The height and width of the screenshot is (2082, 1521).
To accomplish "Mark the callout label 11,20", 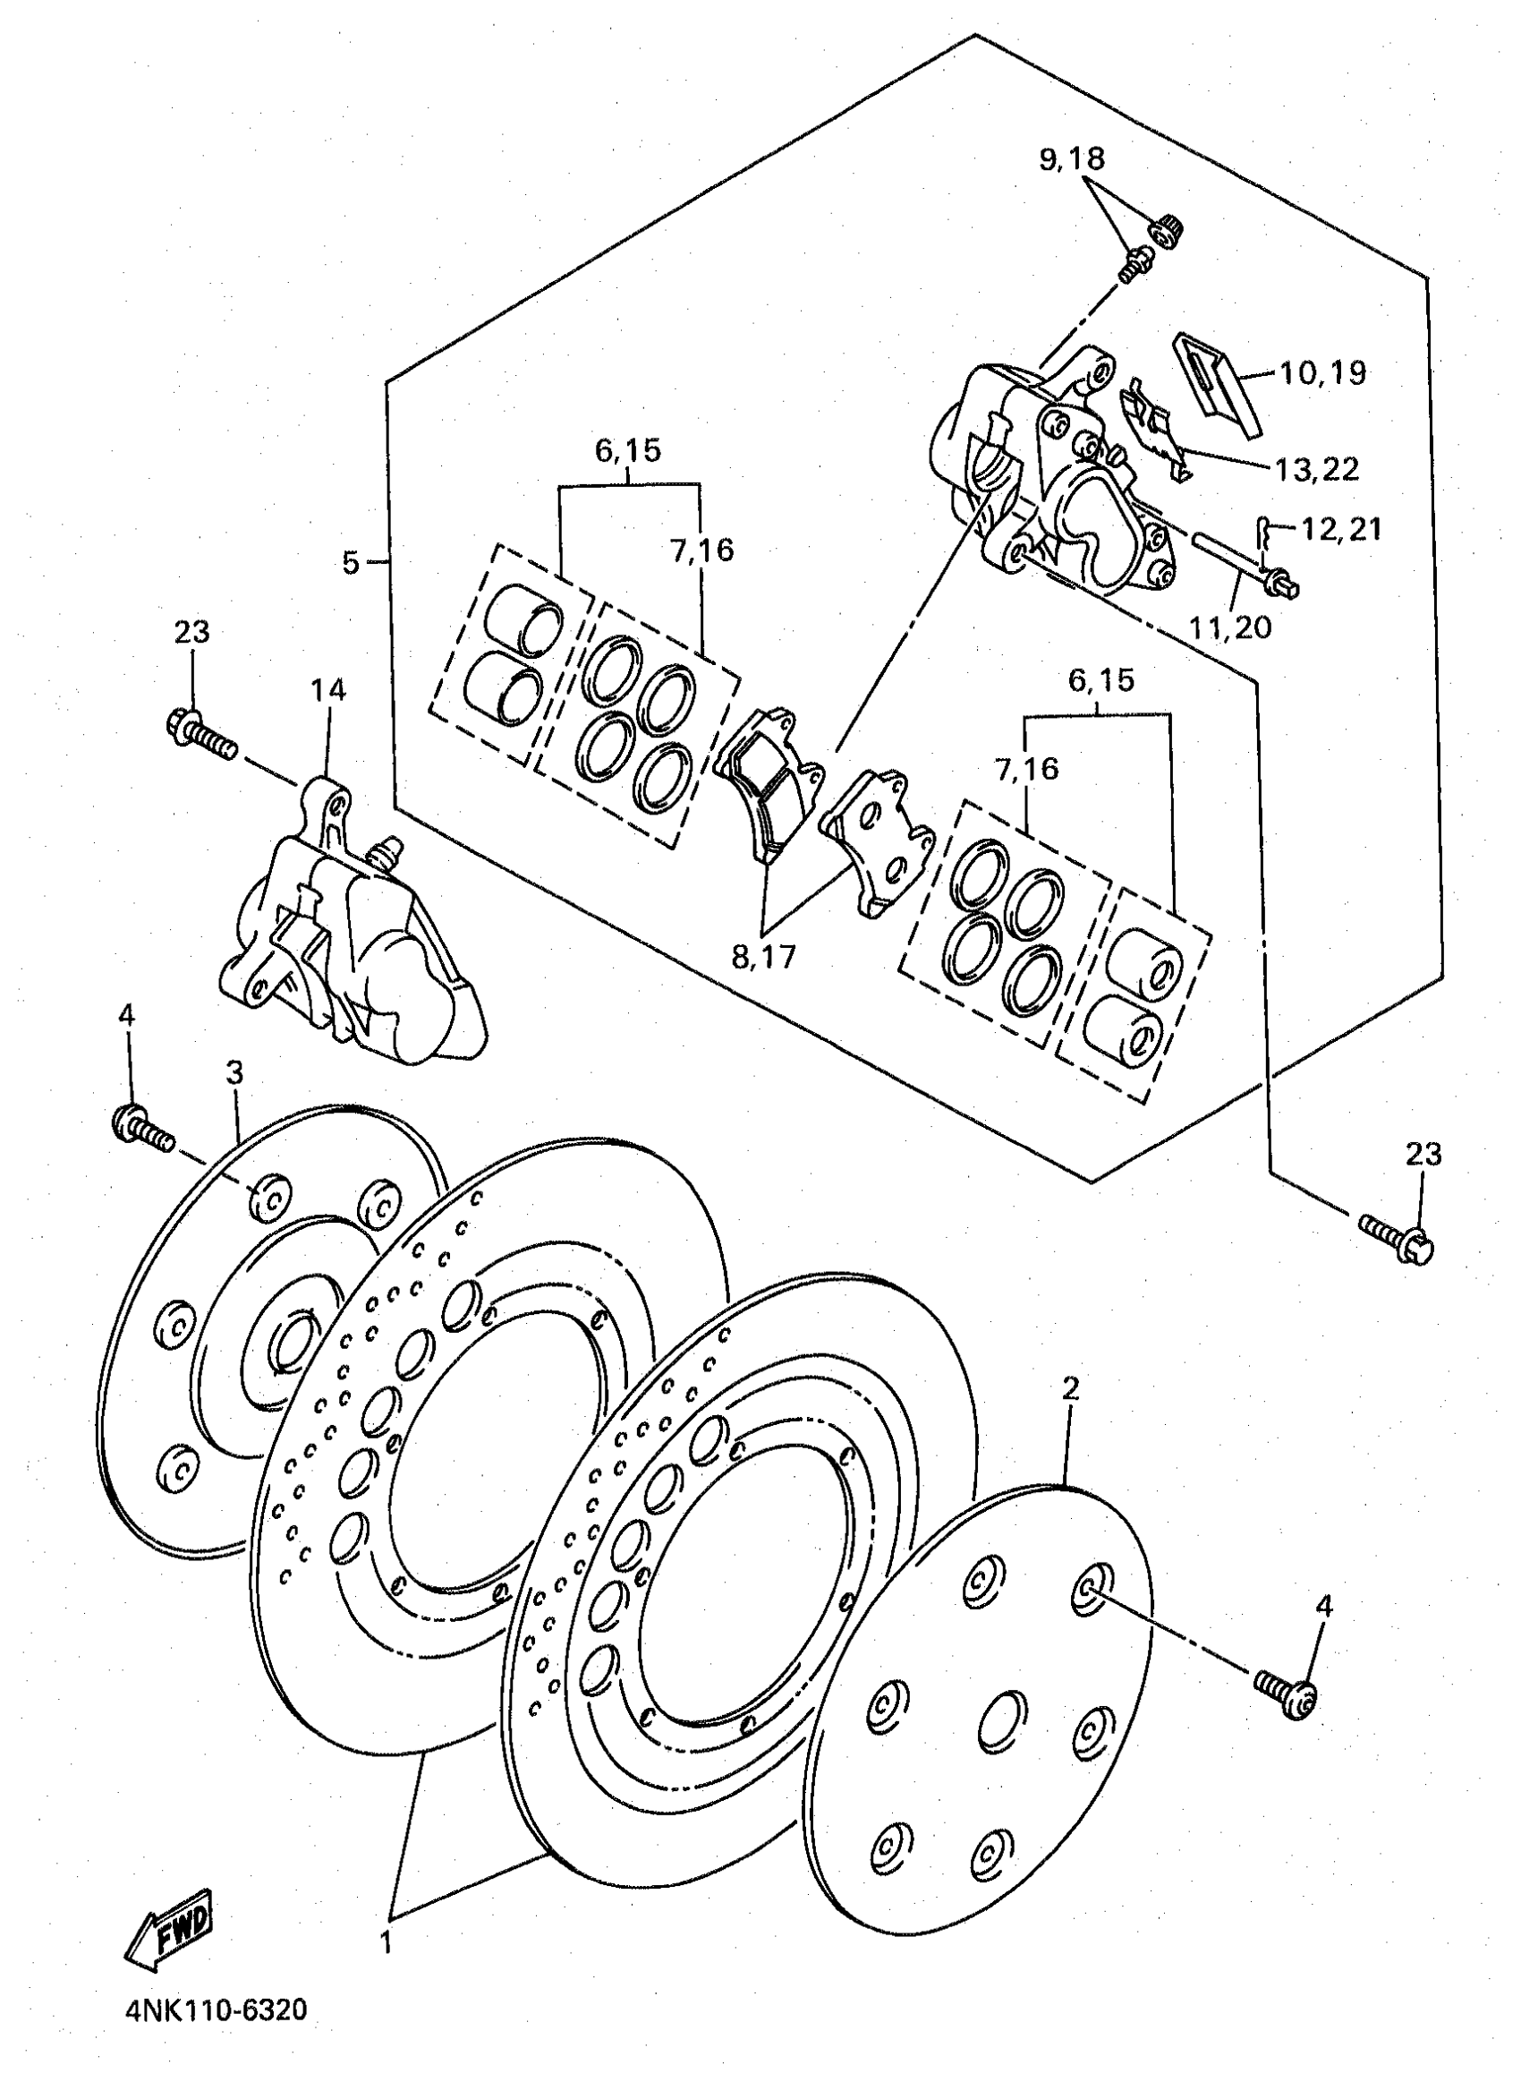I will pyautogui.click(x=1229, y=627).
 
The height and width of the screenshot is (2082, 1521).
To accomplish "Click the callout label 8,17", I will pyautogui.click(x=763, y=957).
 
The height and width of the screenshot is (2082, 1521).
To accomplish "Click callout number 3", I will pyautogui.click(x=235, y=1071).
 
